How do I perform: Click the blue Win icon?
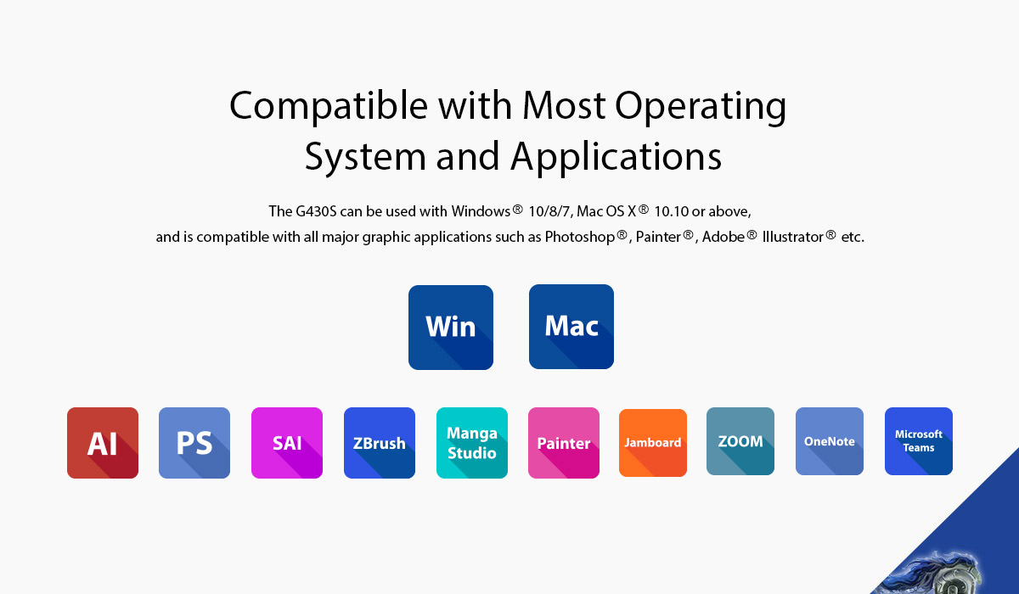[451, 328]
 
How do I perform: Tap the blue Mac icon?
[571, 327]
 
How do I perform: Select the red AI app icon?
[103, 443]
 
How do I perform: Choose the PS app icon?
[194, 443]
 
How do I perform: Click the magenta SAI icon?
[287, 443]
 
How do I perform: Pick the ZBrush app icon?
[380, 443]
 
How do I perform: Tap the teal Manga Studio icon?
[472, 443]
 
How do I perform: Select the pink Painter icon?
[564, 443]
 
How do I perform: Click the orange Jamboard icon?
[653, 443]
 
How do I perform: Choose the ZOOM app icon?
[740, 441]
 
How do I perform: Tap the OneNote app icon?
[830, 441]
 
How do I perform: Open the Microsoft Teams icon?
[919, 441]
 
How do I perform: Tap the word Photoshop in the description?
[579, 237]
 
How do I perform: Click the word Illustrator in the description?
[793, 237]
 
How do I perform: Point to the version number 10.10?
[671, 211]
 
